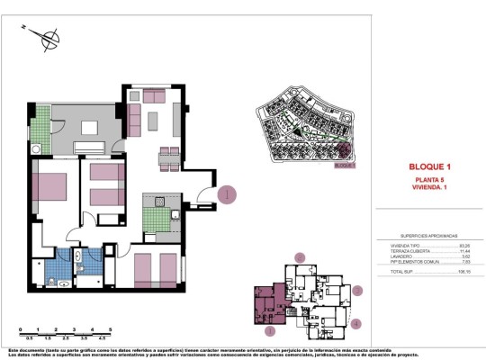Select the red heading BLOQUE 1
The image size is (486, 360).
pyautogui.click(x=428, y=167)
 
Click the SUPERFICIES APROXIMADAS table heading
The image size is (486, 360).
pyautogui.click(x=429, y=232)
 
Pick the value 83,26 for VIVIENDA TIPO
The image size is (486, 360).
pyautogui.click(x=464, y=243)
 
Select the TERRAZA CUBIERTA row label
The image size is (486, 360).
pyautogui.click(x=397, y=250)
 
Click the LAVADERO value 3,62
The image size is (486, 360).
pyautogui.click(x=465, y=256)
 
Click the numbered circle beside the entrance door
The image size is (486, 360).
pyautogui.click(x=229, y=193)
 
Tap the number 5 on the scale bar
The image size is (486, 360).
pyautogui.click(x=108, y=329)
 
